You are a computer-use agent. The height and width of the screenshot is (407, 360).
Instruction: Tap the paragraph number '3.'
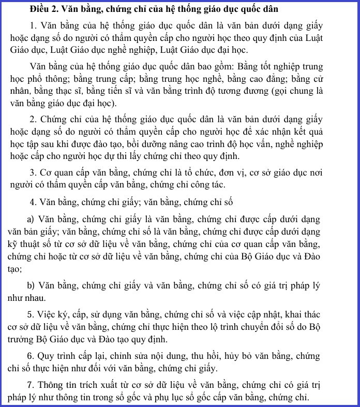[33, 171]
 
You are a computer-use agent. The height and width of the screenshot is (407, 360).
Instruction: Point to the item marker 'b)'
[31, 286]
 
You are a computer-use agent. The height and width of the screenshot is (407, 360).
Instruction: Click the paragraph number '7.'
[33, 385]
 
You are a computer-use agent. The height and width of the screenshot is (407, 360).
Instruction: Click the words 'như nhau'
[26, 299]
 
